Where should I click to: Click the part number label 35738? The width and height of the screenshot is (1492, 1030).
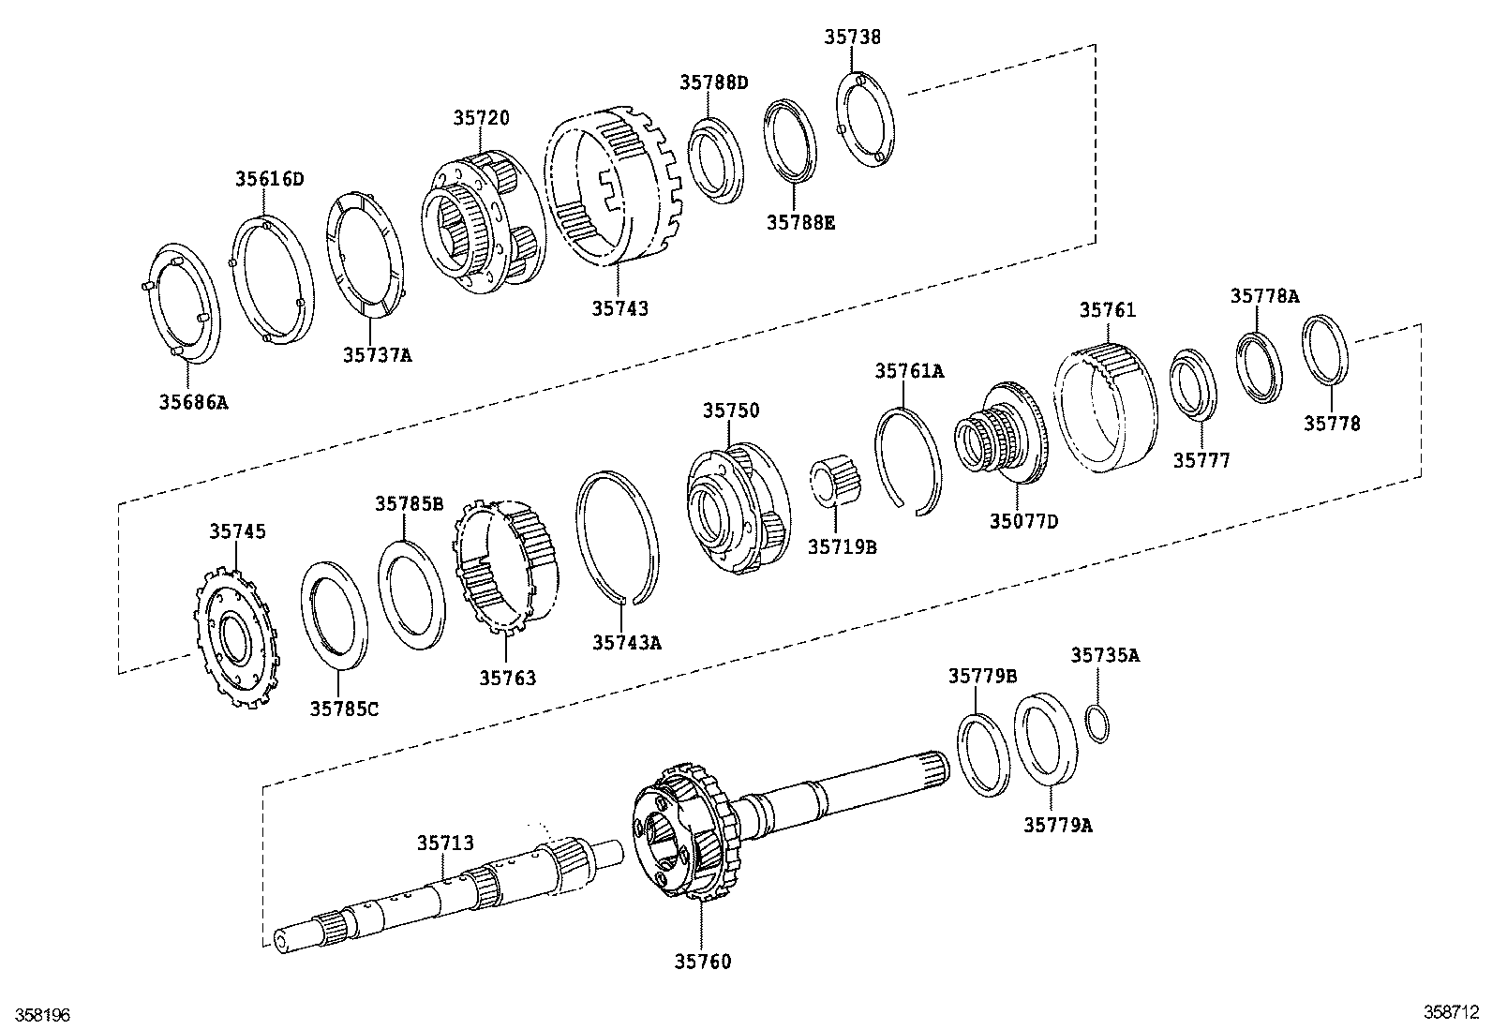click(852, 37)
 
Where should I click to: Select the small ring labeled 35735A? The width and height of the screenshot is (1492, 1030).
click(1098, 724)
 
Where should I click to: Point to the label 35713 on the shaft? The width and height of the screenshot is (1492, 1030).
click(445, 843)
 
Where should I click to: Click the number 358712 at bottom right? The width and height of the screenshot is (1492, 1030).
click(1451, 1012)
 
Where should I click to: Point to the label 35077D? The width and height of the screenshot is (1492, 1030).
click(1022, 521)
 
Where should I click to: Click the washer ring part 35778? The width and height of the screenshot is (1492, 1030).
click(1326, 351)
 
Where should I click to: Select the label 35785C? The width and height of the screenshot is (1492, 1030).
click(344, 709)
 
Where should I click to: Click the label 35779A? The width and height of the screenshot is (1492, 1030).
click(1057, 825)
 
